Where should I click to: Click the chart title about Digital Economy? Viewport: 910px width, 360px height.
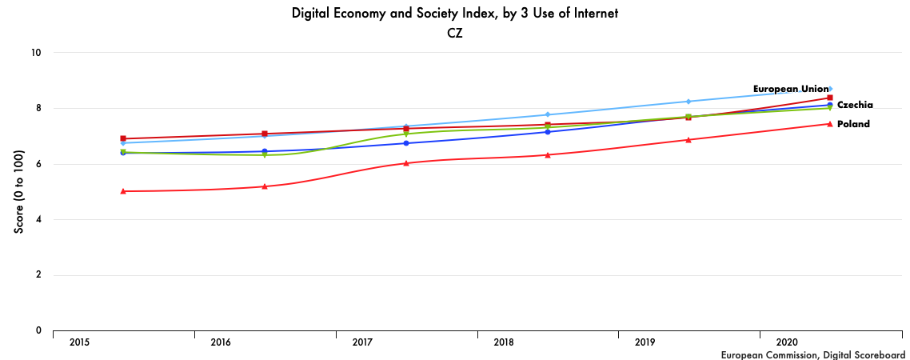point(454,14)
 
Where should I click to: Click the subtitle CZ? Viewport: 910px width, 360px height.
point(455,34)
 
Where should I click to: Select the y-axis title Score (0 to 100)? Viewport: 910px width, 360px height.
point(19,191)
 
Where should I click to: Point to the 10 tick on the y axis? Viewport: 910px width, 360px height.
point(36,53)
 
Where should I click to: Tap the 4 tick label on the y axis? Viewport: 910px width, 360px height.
point(38,219)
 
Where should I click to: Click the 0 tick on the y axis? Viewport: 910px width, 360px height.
point(38,330)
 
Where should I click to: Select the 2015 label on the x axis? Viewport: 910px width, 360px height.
point(79,342)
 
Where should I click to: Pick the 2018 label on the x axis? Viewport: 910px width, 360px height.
point(504,342)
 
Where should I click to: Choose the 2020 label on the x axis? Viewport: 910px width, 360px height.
point(786,342)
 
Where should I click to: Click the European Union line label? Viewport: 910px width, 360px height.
point(790,89)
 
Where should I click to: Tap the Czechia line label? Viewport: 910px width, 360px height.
point(855,105)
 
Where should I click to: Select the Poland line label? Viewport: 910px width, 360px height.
point(853,124)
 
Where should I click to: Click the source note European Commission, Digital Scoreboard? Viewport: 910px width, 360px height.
point(812,354)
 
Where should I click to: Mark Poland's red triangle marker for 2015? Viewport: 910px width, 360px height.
point(123,191)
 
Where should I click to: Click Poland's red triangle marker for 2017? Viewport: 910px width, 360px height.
point(406,163)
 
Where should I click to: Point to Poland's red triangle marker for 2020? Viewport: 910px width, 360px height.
point(830,124)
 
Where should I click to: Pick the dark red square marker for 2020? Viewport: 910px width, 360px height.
point(830,98)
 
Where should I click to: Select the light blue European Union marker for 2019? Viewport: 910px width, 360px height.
point(688,102)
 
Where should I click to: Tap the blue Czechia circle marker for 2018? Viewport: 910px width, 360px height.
point(548,132)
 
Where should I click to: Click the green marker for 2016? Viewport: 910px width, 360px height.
point(265,155)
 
